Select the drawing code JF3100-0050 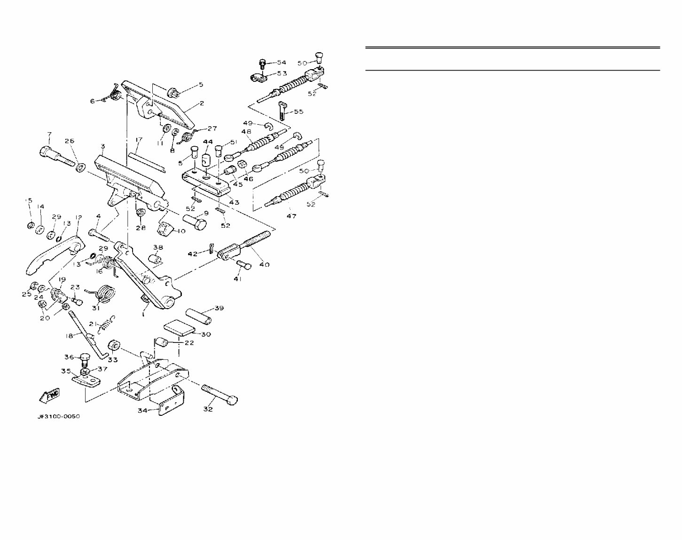[x=59, y=417]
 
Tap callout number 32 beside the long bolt [x=207, y=409]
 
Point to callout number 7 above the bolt [x=49, y=135]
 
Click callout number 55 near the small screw [x=298, y=112]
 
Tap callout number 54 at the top [x=281, y=63]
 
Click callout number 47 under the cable [x=291, y=216]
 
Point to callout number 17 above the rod [x=139, y=140]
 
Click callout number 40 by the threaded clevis [x=264, y=264]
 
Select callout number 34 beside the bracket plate [x=143, y=411]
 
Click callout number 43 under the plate [x=234, y=202]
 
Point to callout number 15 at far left [x=29, y=200]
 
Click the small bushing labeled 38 [x=155, y=259]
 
